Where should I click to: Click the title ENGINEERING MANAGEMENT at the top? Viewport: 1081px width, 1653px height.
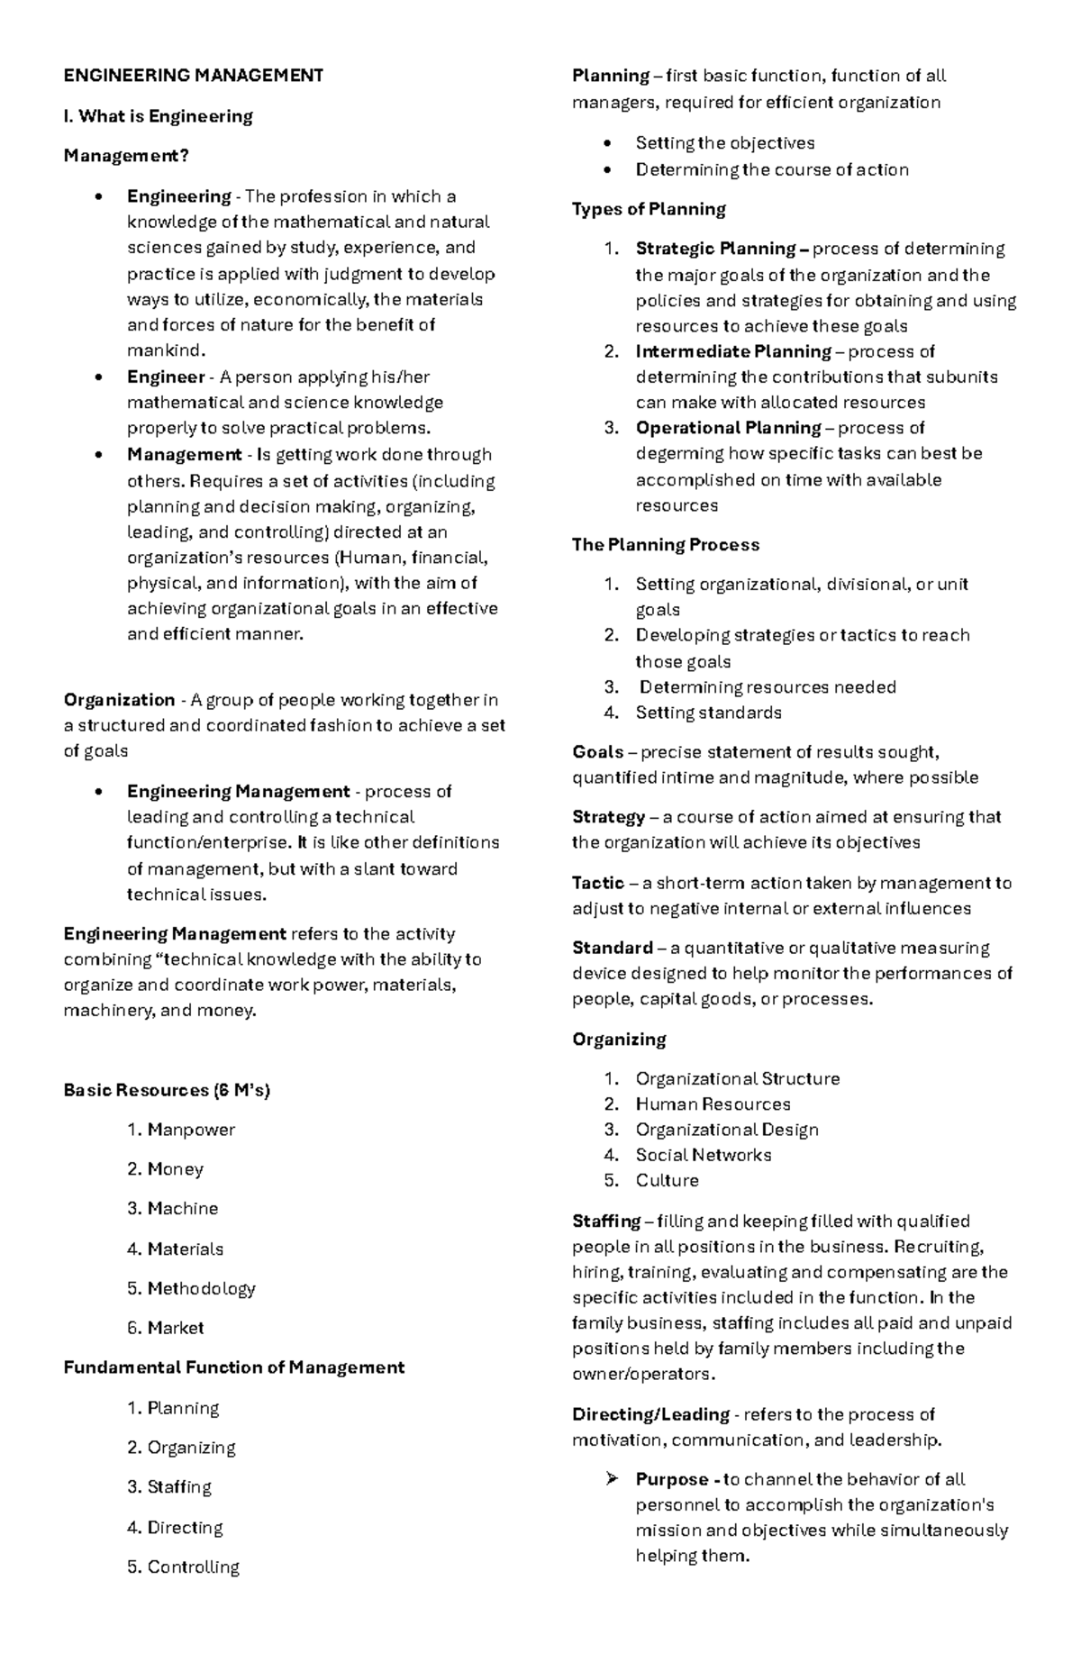tap(193, 76)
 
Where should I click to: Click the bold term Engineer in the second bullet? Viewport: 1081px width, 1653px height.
tap(166, 377)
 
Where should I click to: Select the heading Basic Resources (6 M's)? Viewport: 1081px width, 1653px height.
tap(167, 1090)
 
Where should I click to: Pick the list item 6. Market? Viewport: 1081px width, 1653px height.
tap(166, 1328)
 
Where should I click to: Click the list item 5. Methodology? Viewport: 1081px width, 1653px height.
tap(191, 1288)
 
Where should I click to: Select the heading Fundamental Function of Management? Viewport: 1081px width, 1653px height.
tap(233, 1367)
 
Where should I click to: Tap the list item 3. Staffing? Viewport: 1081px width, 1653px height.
tap(169, 1487)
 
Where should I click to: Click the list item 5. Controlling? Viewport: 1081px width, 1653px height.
tap(184, 1567)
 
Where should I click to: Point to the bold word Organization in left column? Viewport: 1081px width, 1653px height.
tap(119, 700)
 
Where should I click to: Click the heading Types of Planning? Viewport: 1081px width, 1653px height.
tap(649, 209)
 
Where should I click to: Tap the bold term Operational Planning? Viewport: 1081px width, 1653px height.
tap(728, 428)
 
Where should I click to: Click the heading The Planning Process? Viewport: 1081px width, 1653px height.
tap(665, 545)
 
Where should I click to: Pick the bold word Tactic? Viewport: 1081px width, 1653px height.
tap(598, 883)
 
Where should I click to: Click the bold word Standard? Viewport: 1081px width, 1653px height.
tap(613, 948)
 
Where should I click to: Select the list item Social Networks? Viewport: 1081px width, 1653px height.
tap(703, 1155)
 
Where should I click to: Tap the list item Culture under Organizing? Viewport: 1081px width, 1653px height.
tap(667, 1180)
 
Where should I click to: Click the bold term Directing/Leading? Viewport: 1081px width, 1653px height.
tap(650, 1414)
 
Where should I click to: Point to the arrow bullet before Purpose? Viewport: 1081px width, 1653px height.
tap(613, 1479)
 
